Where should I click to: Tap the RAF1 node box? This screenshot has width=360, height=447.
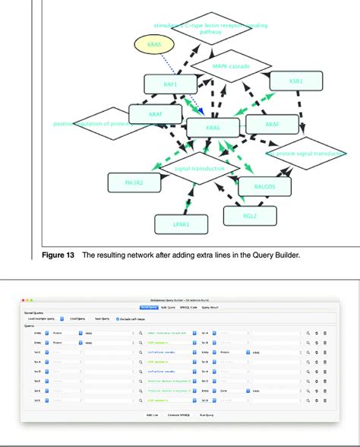(169, 85)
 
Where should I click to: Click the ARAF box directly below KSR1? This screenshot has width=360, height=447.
(273, 124)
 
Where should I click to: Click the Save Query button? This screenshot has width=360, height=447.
(99, 319)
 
